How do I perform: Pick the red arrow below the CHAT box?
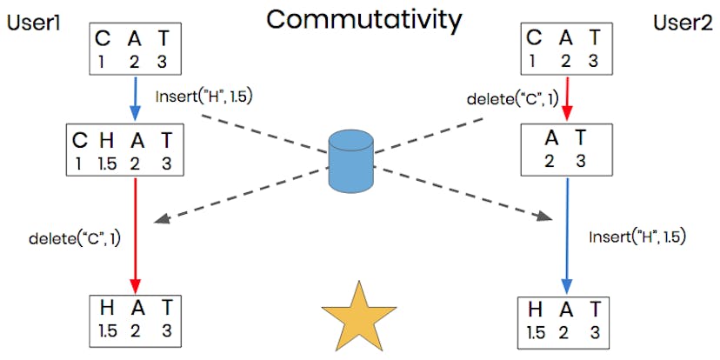coord(135,235)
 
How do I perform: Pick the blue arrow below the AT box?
coord(567,235)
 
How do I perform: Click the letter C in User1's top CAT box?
coord(103,39)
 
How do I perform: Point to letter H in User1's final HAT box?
coord(105,309)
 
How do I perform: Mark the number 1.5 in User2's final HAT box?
coord(537,331)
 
